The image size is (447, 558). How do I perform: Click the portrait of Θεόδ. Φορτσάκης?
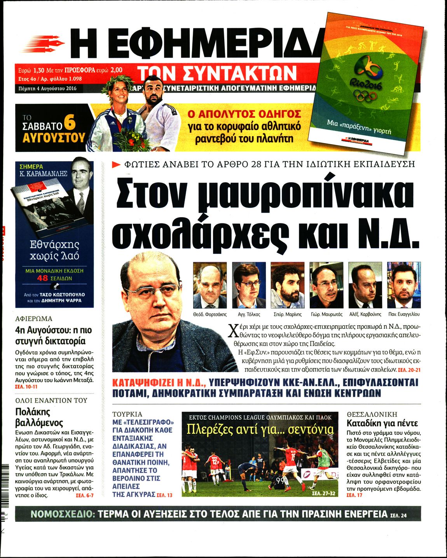point(210,285)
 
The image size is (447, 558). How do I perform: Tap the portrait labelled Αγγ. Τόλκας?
point(249,285)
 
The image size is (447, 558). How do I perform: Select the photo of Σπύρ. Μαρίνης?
point(288,285)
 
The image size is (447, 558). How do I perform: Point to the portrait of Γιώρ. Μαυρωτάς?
point(327,285)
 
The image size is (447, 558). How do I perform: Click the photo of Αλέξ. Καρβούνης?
point(365,285)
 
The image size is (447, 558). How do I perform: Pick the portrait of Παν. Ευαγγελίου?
point(404,285)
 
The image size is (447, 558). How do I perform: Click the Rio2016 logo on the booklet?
point(367,74)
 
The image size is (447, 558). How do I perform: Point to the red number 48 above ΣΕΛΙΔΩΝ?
point(43,278)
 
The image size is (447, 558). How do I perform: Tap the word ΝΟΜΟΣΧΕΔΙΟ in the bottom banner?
point(63,514)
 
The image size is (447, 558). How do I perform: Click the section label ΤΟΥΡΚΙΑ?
point(127,414)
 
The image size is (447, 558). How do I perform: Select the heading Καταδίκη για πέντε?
point(382,423)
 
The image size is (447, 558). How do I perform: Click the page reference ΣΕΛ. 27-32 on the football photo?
point(323,493)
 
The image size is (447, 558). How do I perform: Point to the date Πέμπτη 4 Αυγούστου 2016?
point(47,88)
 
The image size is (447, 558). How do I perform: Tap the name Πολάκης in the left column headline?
point(33,412)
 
